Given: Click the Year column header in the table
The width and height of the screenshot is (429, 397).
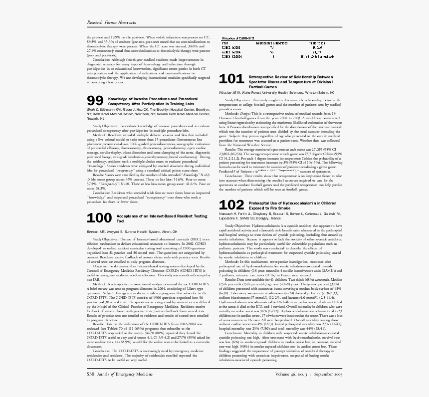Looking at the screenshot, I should (224, 43).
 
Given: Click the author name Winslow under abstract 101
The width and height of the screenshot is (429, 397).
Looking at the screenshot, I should (227, 93).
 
